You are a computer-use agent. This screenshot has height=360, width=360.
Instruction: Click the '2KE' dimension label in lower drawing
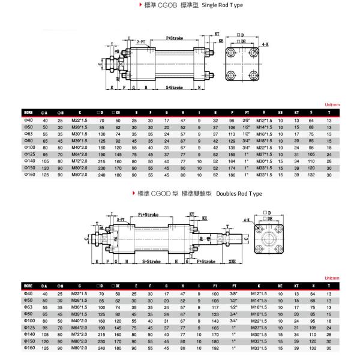(x=233, y=262)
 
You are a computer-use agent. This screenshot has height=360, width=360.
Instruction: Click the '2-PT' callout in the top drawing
(x=142, y=43)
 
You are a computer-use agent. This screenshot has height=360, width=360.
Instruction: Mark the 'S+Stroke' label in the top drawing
(x=175, y=88)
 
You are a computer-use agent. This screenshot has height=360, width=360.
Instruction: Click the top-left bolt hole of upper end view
(x=232, y=56)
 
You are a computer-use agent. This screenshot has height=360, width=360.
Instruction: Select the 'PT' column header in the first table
(x=247, y=112)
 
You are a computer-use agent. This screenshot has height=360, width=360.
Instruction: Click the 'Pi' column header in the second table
(x=215, y=286)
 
